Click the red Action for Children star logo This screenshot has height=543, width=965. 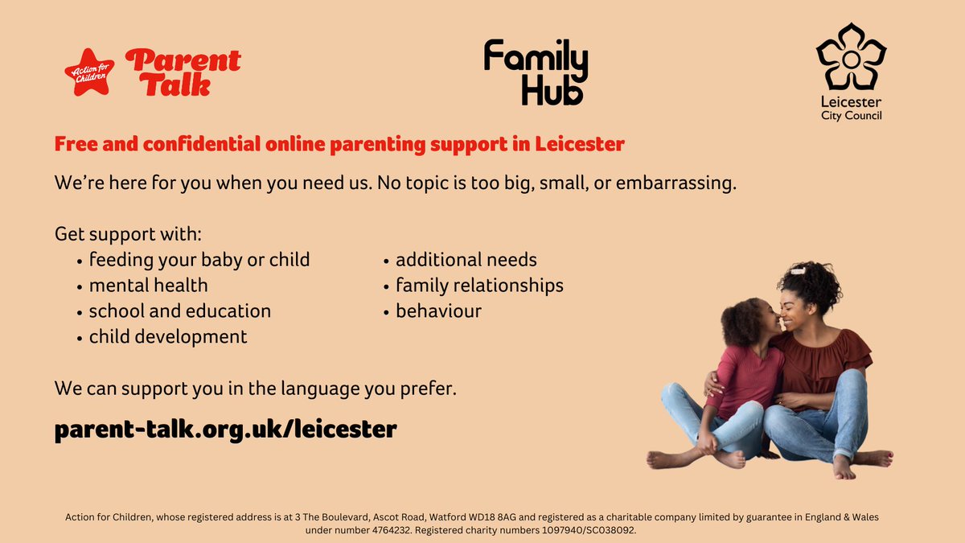click(x=88, y=72)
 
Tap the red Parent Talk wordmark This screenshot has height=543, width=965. click(x=183, y=72)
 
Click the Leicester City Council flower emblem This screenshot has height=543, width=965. click(x=851, y=60)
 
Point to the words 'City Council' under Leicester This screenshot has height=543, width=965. click(x=851, y=116)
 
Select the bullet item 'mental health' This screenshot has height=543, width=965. click(x=148, y=285)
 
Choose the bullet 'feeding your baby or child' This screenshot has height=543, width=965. click(x=199, y=260)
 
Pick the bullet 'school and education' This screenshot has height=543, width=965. click(x=179, y=311)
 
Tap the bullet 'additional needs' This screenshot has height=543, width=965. click(x=466, y=260)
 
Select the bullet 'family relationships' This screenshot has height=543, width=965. click(x=479, y=285)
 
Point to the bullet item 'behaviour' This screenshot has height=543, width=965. click(x=438, y=311)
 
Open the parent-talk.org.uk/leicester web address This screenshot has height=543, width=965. click(x=226, y=429)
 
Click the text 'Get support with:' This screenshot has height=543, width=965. click(x=128, y=234)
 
